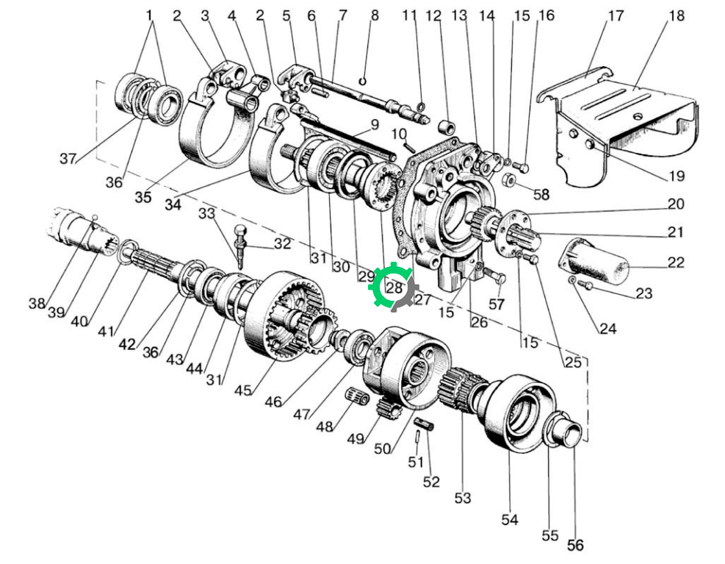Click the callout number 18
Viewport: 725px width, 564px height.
677,15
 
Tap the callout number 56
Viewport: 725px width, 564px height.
575,545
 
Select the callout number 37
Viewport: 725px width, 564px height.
68,159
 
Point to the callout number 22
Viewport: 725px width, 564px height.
676,263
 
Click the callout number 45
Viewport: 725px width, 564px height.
242,390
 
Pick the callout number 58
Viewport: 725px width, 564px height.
541,194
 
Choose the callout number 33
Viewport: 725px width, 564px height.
207,213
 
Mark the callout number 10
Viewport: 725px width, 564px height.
399,135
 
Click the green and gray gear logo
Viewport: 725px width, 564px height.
394,286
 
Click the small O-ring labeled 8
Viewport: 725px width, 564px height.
363,82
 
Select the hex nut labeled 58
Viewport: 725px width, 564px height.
508,179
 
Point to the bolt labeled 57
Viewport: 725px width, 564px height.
495,277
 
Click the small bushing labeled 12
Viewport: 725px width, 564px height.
447,126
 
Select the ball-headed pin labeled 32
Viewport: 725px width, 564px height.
241,246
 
